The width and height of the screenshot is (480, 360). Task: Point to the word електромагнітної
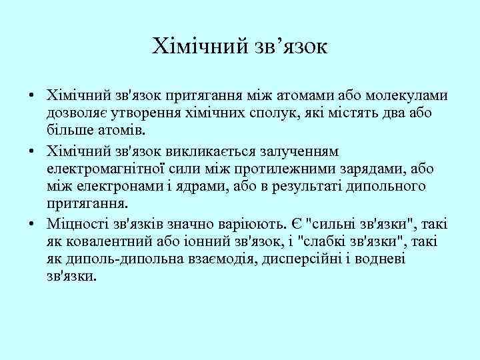(99, 170)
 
